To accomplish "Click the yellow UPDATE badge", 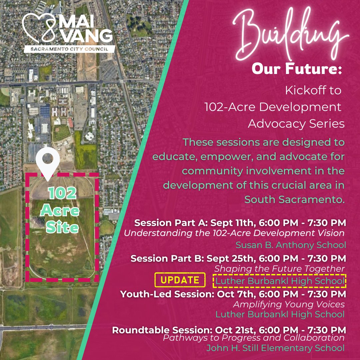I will pyautogui.click(x=180, y=280).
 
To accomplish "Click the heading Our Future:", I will pyautogui.click(x=297, y=69).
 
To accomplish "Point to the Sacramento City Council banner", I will pyautogui.click(x=69, y=49).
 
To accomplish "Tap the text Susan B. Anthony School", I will pyautogui.click(x=291, y=245).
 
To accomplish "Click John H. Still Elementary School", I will pyautogui.click(x=275, y=348).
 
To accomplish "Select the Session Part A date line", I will pyautogui.click(x=240, y=222).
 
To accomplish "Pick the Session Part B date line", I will pyautogui.click(x=238, y=258).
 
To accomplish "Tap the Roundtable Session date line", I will pyautogui.click(x=229, y=330).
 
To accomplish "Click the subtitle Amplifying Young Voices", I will pyautogui.click(x=289, y=304).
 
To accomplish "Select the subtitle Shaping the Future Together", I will pyautogui.click(x=279, y=268).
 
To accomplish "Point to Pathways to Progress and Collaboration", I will pyautogui.click(x=253, y=338).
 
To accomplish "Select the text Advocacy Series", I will pyautogui.click(x=296, y=124).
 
